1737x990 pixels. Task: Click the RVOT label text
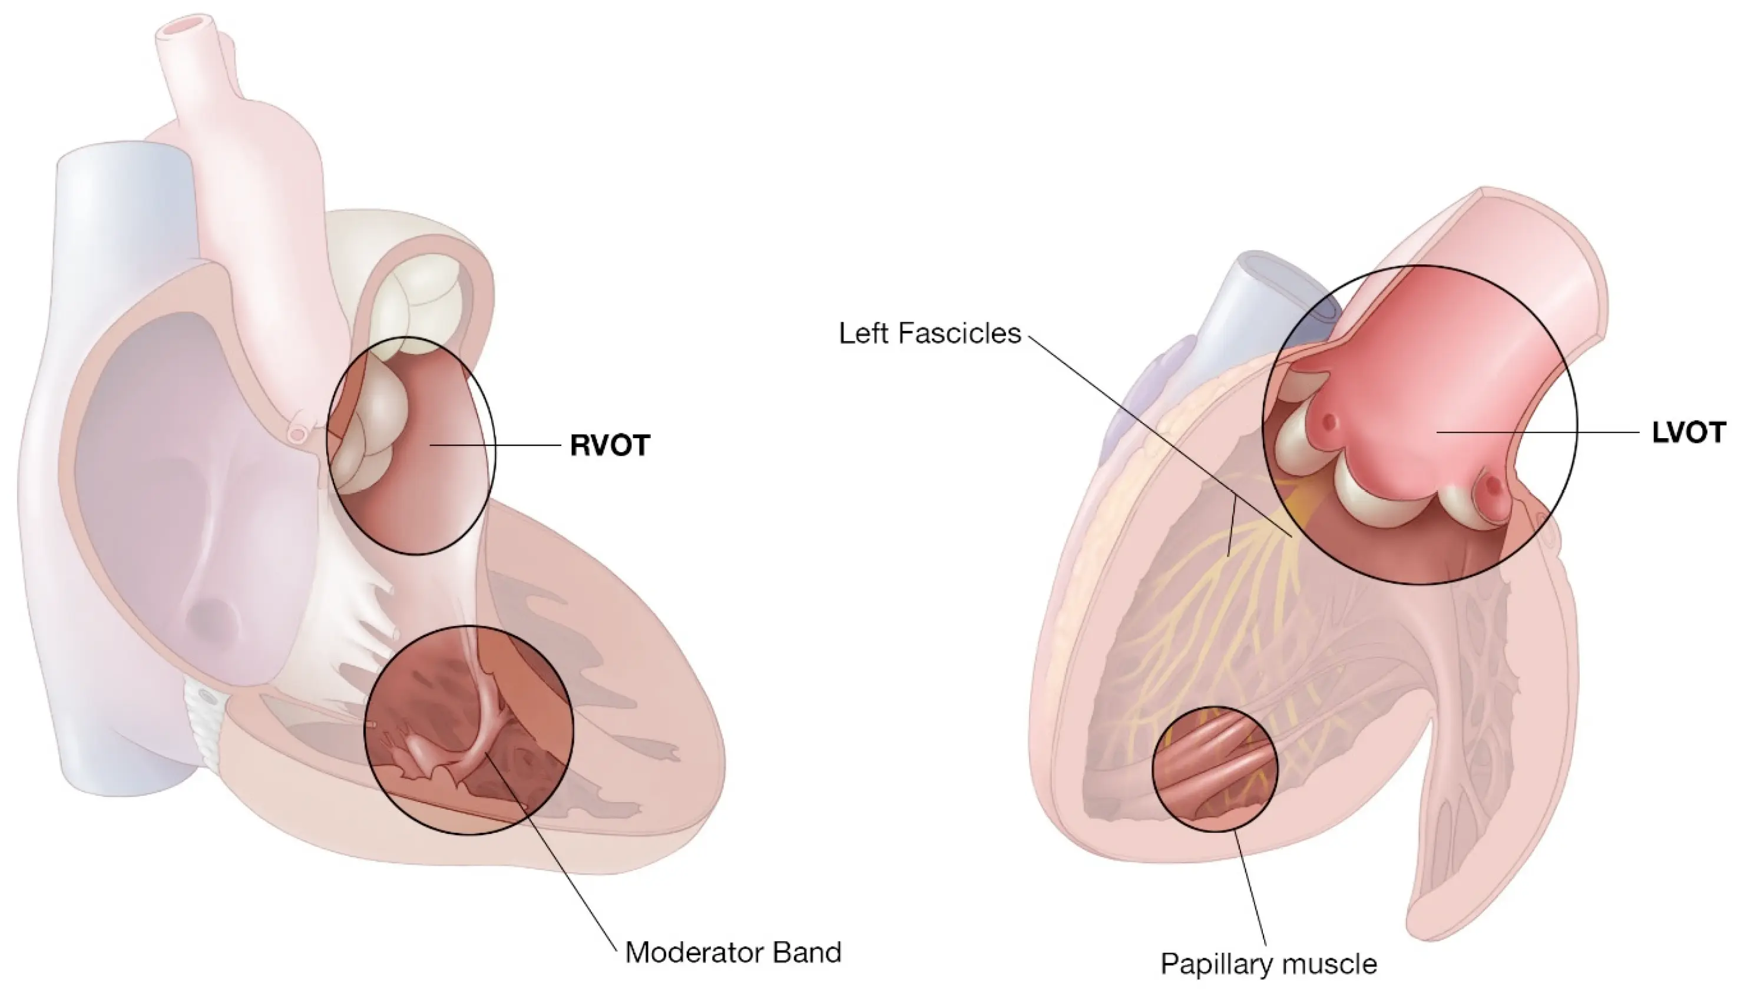pos(610,445)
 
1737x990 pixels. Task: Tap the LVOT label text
pos(1688,432)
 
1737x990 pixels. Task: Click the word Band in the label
pos(807,953)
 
